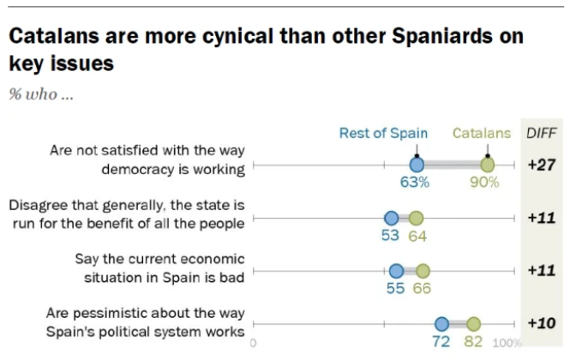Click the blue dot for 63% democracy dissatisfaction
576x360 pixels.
[417, 165]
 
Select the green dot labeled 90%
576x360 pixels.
[487, 165]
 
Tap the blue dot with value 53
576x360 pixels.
[392, 219]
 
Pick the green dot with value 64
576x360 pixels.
[416, 219]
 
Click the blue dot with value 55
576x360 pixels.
[396, 271]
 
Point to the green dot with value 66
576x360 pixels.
[422, 271]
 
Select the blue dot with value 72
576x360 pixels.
[441, 324]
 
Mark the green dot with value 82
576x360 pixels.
[473, 324]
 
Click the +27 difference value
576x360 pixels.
[540, 165]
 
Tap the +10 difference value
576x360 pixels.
[540, 324]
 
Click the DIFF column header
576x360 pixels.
[540, 133]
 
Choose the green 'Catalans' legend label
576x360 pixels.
[481, 133]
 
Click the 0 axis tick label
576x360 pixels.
[254, 343]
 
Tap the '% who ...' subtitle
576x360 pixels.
[41, 94]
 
